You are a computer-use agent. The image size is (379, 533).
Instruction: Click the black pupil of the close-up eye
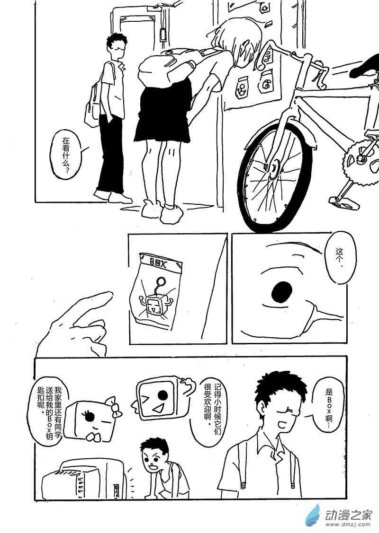click(x=283, y=290)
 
